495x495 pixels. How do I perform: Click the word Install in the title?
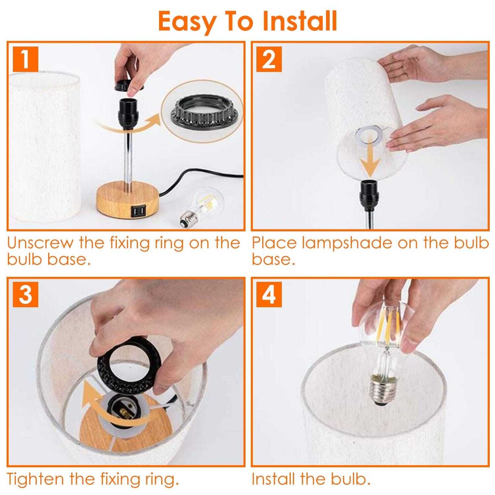point(300,21)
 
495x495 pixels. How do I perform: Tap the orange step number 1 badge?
point(25,59)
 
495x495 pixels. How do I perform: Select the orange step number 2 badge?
point(269,59)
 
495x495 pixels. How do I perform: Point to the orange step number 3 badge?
point(25,295)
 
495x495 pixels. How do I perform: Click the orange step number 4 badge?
point(269,295)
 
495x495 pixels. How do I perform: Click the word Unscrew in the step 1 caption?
point(40,243)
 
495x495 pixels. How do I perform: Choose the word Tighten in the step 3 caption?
point(35,479)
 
